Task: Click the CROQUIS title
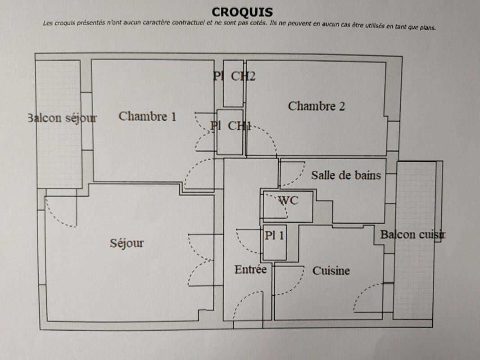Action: [242, 12]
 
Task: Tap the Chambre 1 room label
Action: [147, 117]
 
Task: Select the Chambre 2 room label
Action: [316, 106]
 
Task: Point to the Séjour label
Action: [127, 243]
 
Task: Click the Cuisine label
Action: [331, 271]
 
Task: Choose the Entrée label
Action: [250, 270]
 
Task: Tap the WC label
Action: [288, 201]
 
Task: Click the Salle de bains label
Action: [346, 175]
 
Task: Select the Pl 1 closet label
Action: [274, 235]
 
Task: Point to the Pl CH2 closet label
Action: [234, 76]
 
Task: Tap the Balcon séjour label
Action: [62, 118]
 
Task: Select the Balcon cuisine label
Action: [412, 234]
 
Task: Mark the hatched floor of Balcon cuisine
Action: [414, 279]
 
